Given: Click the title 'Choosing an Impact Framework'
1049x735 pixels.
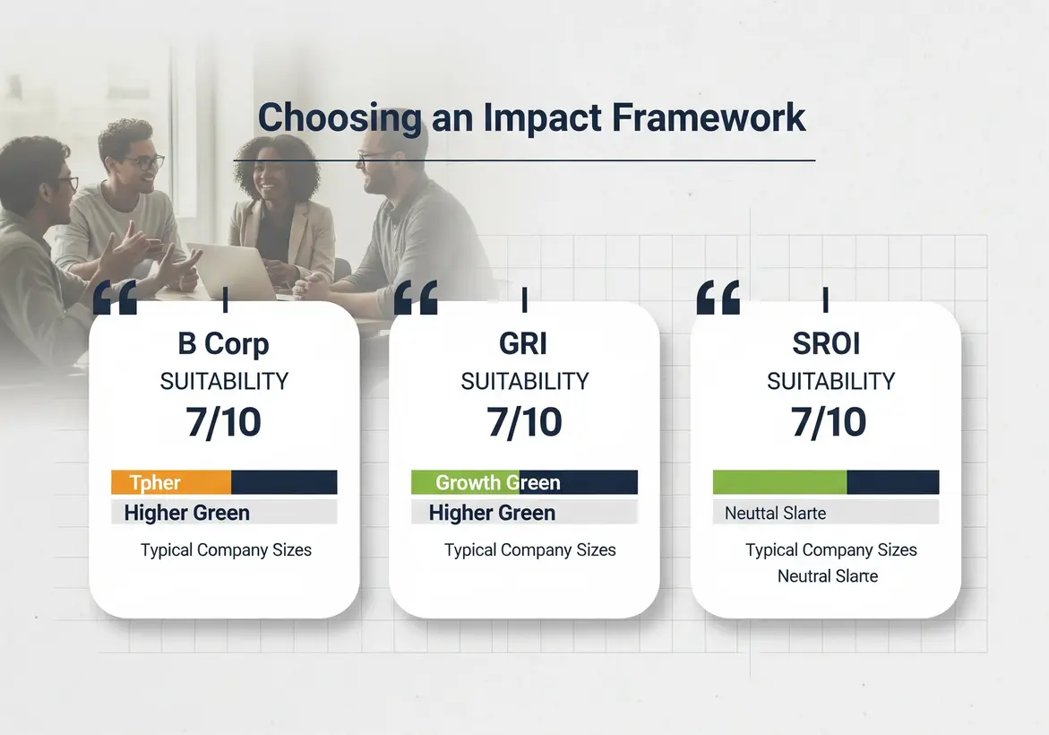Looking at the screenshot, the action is (532, 117).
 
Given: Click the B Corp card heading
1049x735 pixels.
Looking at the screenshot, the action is (223, 344).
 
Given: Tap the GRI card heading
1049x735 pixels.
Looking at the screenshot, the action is (523, 344).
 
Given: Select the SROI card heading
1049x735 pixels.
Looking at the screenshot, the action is (826, 344).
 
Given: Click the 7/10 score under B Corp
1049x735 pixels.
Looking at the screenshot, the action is (223, 422).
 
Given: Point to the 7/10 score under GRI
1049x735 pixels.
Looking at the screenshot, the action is (525, 422).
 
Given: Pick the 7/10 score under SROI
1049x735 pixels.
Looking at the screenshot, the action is (829, 422).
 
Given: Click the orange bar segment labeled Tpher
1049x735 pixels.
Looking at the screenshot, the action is (171, 482).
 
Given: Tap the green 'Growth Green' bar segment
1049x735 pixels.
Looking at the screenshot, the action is (466, 482).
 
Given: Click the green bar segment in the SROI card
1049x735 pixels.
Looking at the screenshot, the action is (780, 482).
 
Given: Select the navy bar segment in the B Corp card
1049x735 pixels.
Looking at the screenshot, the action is (284, 482).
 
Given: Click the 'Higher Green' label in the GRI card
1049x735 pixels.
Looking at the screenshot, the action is (492, 513).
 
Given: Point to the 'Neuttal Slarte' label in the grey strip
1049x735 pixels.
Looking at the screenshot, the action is (776, 514).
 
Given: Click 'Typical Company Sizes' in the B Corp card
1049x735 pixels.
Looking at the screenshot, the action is (226, 550).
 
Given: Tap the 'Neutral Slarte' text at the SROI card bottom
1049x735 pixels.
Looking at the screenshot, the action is (828, 576).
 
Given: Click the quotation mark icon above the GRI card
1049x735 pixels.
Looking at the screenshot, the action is (416, 297).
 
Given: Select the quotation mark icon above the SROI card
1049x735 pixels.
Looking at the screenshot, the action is (718, 297).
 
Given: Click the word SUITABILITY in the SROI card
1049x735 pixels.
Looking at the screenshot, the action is (831, 381).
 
